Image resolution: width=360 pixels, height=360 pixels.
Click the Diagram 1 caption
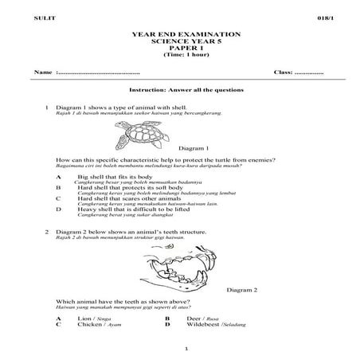click(194, 148)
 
